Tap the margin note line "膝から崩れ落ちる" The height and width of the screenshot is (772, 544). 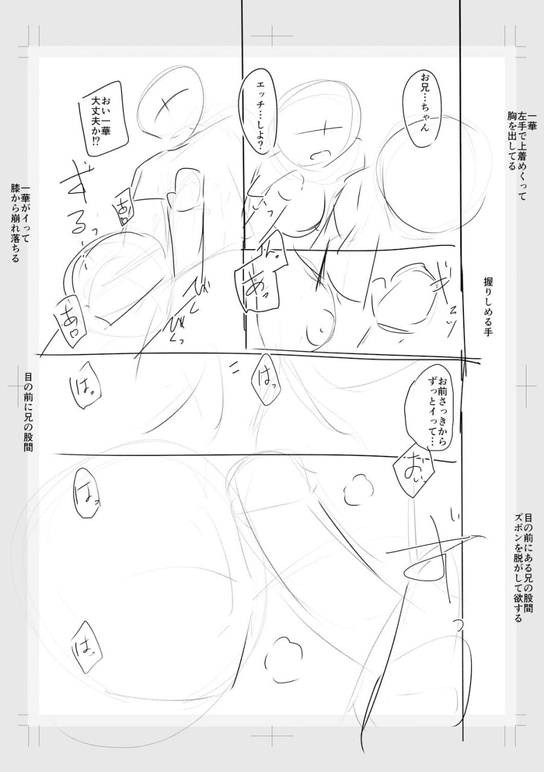pyautogui.click(x=15, y=223)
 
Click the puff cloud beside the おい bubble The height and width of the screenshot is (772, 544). pyautogui.click(x=359, y=489)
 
